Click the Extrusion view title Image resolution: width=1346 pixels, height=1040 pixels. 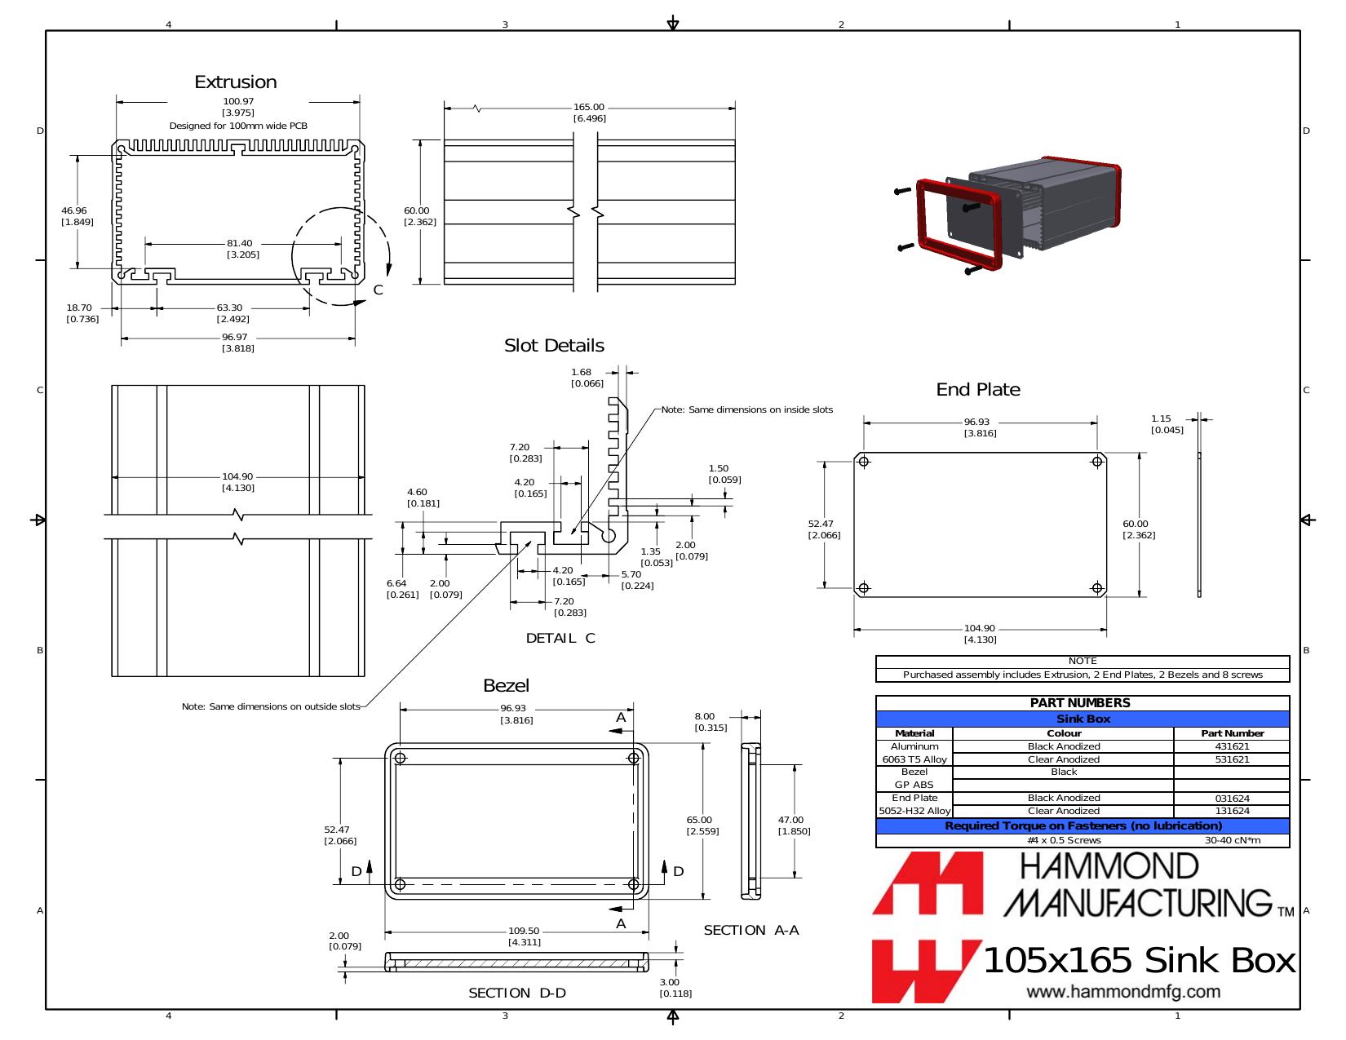[x=236, y=82]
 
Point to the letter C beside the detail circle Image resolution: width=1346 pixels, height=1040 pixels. [x=378, y=290]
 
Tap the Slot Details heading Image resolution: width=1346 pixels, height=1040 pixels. [x=554, y=346]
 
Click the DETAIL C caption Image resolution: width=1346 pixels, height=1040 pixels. [x=560, y=638]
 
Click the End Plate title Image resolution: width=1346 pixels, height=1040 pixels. [x=978, y=390]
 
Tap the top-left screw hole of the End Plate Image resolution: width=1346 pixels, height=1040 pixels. [x=864, y=462]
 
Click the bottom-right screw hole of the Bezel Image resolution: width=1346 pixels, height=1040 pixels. [x=633, y=884]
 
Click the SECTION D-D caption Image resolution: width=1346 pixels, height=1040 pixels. [x=517, y=993]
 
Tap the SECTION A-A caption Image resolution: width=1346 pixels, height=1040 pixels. [x=751, y=930]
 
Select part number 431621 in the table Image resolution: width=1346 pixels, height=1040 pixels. [x=1232, y=746]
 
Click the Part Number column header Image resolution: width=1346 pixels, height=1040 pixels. [x=1232, y=733]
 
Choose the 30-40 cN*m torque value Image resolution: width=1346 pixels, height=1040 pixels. [x=1232, y=840]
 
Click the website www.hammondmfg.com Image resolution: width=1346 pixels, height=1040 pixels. [x=1123, y=992]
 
